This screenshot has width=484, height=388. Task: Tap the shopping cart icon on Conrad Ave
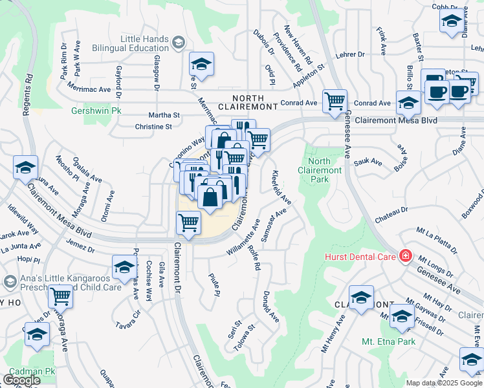(335, 101)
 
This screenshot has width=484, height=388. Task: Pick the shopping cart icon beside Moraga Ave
(60, 297)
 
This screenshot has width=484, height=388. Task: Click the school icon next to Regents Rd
(25, 168)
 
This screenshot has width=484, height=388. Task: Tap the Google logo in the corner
(21, 380)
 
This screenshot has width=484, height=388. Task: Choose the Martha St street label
(164, 114)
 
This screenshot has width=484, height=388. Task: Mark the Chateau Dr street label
(395, 210)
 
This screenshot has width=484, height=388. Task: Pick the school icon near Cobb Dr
(451, 21)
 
